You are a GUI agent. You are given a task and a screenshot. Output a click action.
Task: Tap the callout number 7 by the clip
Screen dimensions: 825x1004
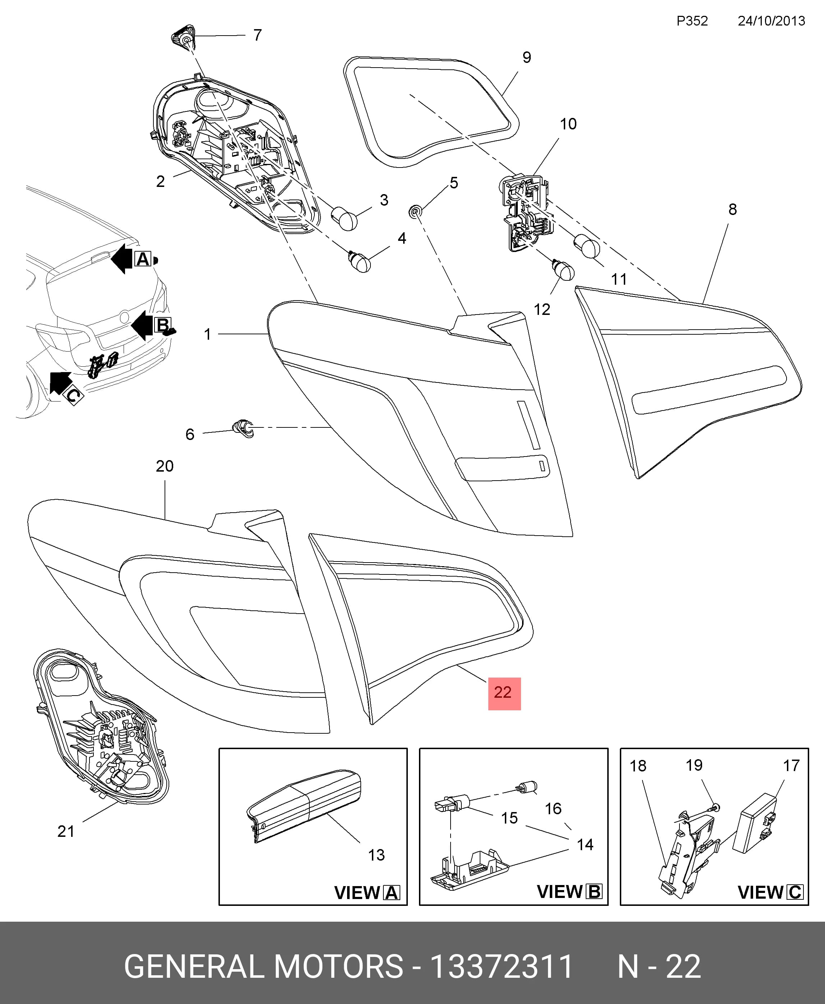click(x=258, y=35)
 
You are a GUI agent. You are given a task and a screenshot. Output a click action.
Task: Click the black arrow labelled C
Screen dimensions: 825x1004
click(x=60, y=383)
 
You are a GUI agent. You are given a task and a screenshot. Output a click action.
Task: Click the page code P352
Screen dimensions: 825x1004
click(x=692, y=21)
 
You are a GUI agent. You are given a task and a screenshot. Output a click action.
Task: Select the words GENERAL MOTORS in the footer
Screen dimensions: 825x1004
click(x=264, y=967)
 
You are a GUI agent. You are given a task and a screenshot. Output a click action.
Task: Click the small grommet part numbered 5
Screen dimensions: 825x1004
click(x=415, y=211)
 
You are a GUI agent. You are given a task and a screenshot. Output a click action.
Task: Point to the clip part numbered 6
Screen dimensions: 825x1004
click(x=243, y=428)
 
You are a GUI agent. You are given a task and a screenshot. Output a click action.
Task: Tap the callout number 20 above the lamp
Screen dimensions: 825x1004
click(x=165, y=466)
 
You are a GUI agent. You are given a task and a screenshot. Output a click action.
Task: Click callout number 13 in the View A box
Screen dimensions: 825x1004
click(x=376, y=855)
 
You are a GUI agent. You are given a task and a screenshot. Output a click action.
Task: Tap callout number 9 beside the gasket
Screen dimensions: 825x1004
click(x=526, y=58)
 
